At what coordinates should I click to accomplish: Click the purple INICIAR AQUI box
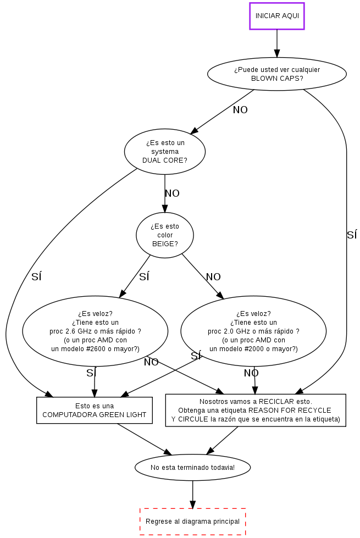pos(277,16)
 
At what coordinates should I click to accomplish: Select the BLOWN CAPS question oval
pos(277,74)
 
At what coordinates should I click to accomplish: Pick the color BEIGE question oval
pos(165,235)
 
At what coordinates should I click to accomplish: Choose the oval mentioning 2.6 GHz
pos(95,331)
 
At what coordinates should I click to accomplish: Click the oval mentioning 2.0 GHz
pos(253,331)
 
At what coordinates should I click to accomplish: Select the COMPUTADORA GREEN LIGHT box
pos(95,411)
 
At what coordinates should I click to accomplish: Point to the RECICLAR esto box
pos(256,411)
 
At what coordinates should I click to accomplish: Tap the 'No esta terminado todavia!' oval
pos(192,468)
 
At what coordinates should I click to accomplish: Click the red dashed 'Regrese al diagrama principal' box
pos(192,521)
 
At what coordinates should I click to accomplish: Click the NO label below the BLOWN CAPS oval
pos(240,110)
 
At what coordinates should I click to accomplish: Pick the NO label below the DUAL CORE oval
pos(172,193)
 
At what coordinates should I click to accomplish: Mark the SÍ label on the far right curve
pos(352,235)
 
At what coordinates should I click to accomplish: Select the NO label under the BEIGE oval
pos(213,277)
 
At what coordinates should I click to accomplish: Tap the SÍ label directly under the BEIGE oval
pos(144,277)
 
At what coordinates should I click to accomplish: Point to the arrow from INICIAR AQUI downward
pos(277,44)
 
